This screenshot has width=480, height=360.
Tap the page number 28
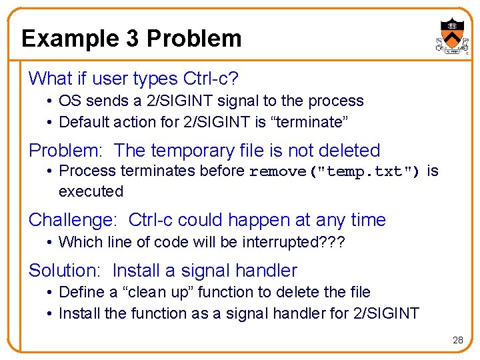pos(457,340)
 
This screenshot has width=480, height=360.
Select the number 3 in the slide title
pos(132,39)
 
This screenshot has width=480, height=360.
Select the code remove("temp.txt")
pos(335,171)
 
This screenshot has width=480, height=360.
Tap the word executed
pos(91,192)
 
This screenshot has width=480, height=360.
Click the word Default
pos(84,123)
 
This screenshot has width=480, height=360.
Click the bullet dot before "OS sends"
pos(50,101)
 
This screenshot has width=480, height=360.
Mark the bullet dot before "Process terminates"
pos(50,171)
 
